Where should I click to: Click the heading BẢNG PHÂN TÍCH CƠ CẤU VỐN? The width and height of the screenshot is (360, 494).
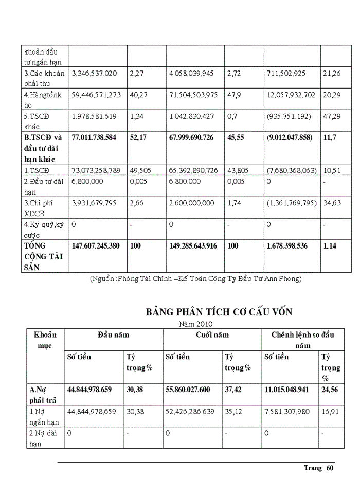coord(220,312)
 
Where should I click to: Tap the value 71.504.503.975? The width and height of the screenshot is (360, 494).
coord(193,95)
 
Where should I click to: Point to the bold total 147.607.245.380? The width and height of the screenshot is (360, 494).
coord(95,246)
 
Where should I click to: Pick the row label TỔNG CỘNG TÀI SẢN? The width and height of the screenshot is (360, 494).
coord(44,256)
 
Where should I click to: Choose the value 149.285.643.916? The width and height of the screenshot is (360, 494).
coord(193,246)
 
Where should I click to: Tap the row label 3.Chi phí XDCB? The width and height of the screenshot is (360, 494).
coord(44,208)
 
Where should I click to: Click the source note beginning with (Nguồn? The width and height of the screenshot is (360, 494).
coord(195,279)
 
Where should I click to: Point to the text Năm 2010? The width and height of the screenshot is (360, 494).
coord(195,324)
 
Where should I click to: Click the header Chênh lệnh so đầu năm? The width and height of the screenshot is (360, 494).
coord(303,340)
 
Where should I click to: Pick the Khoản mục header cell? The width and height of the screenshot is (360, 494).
coord(45,340)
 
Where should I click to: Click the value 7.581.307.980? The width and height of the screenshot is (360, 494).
coord(288,411)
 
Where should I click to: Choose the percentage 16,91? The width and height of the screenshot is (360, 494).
coord(330,411)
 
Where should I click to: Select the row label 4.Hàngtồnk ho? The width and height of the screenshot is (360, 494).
coord(44,100)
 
